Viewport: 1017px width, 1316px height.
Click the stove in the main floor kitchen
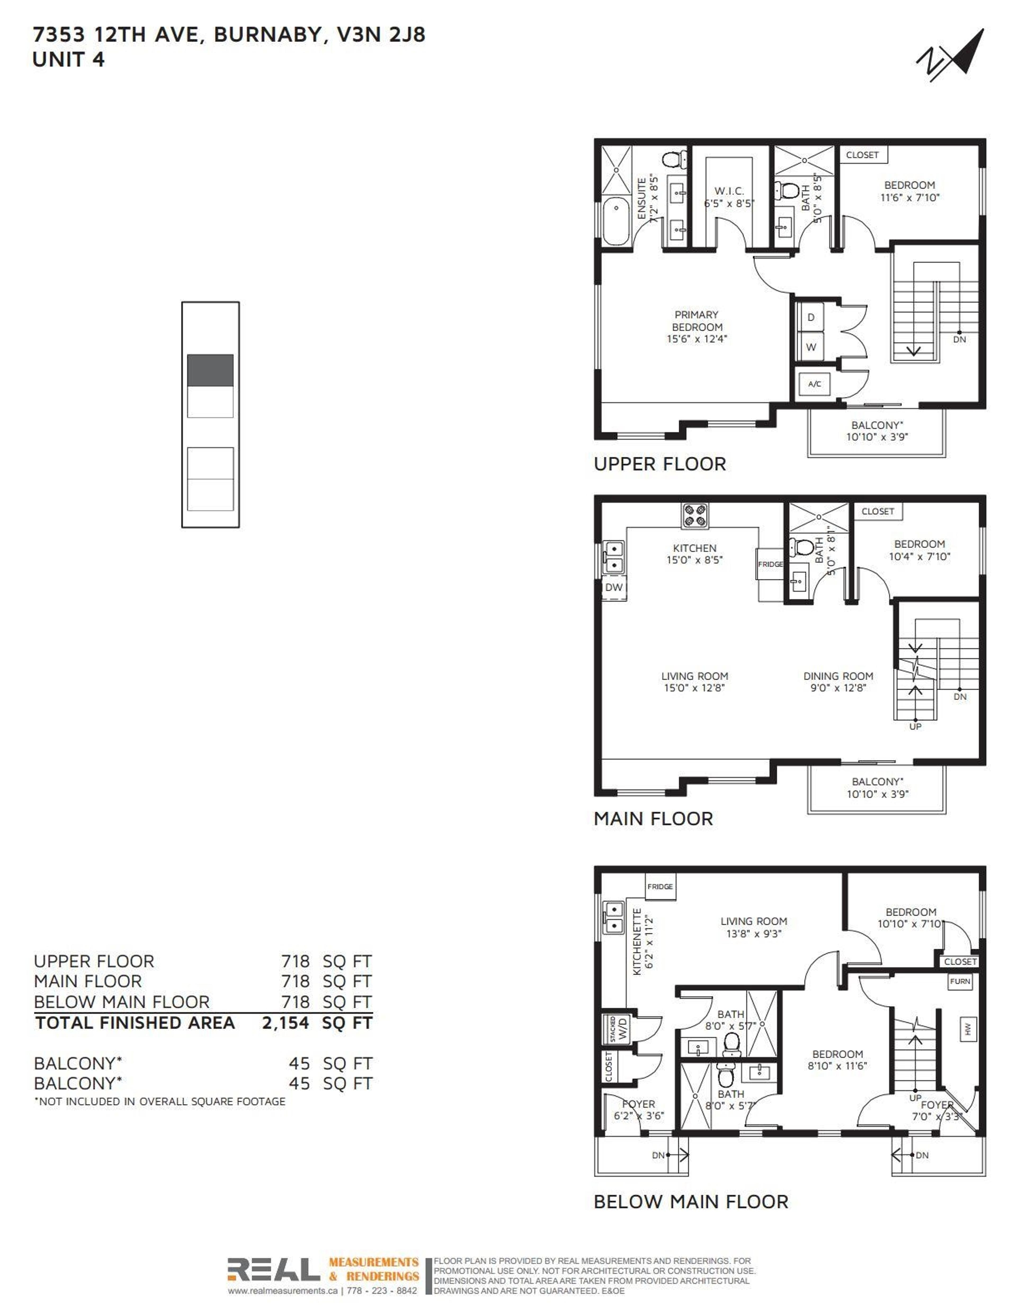(695, 516)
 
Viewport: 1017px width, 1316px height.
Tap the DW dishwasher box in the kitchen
(614, 587)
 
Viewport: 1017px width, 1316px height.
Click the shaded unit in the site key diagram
(210, 371)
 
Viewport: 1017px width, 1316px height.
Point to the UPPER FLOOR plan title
(660, 464)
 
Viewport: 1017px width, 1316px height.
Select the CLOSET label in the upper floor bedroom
(862, 155)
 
